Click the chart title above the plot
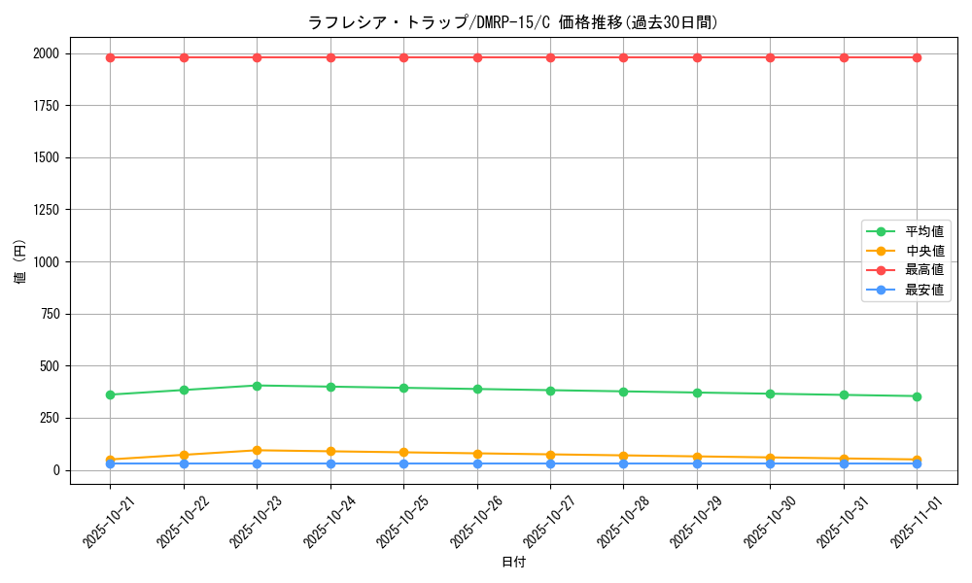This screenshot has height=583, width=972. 512,22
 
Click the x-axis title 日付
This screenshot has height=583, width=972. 513,563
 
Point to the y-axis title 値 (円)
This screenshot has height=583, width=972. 20,261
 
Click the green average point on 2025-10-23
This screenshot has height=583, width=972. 257,386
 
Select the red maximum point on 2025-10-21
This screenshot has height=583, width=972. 110,57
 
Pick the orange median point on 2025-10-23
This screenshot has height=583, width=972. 257,450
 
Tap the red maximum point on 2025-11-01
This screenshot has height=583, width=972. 917,57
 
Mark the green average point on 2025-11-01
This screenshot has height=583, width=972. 917,396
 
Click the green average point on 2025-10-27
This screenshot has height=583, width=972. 550,391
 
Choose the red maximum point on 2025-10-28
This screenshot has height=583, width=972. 623,57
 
